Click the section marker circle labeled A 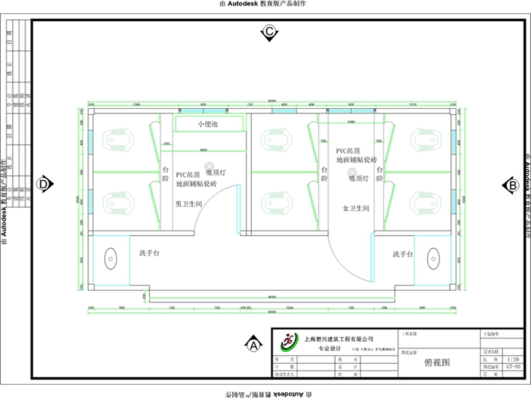252,344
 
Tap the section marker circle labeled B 512,185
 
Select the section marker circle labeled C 269,31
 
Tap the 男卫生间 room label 189,204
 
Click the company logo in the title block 288,342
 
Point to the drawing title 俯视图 437,363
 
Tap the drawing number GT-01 513,366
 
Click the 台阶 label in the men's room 166,174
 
